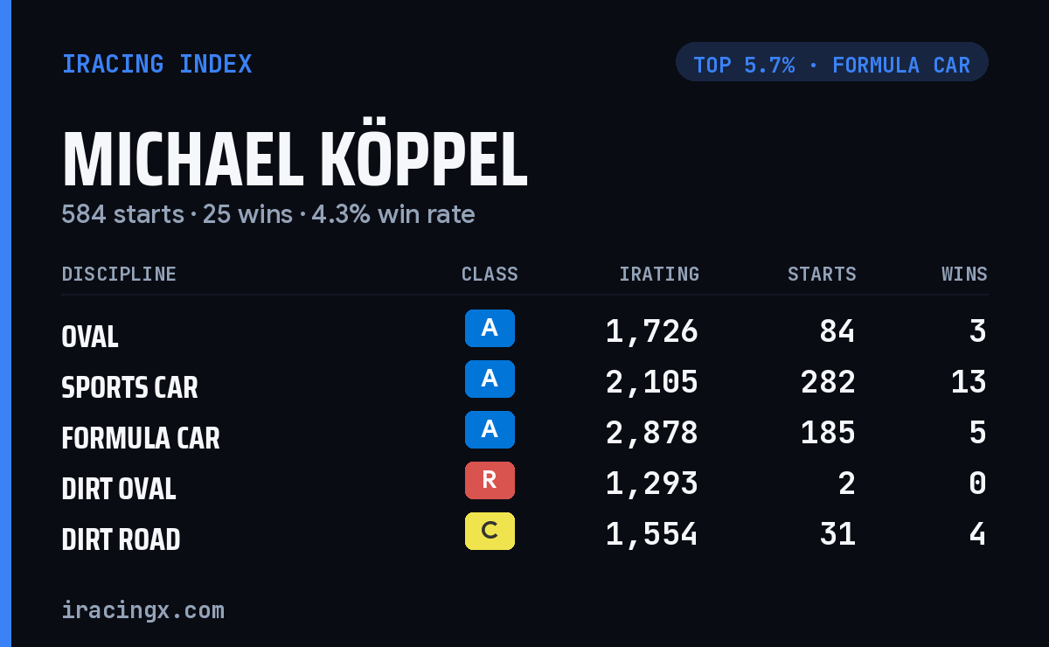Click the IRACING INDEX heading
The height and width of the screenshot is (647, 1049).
(x=156, y=64)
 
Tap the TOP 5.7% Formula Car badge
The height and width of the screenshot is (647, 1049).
(x=831, y=62)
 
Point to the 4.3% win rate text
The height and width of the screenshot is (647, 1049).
(x=393, y=214)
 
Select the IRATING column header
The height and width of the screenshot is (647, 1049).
(x=659, y=274)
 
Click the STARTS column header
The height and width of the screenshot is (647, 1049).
(x=822, y=274)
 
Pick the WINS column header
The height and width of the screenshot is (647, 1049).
(x=965, y=274)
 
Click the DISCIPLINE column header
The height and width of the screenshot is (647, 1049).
(x=119, y=274)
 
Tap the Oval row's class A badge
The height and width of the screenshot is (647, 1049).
(x=490, y=328)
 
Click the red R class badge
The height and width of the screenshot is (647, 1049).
(x=490, y=480)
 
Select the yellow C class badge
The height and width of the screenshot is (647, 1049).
(x=490, y=531)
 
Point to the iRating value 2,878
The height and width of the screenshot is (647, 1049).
(x=651, y=433)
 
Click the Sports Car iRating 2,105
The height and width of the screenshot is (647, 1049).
(x=651, y=382)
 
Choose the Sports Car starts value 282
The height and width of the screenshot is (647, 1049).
(x=828, y=382)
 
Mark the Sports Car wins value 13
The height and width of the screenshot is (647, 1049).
(x=969, y=382)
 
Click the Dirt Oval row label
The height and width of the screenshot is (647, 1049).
(x=119, y=489)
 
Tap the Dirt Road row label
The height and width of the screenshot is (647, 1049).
(x=121, y=539)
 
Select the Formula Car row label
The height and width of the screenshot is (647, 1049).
(x=141, y=438)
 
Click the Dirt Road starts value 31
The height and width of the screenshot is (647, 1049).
(x=837, y=534)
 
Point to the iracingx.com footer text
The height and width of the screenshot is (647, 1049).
(x=143, y=610)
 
